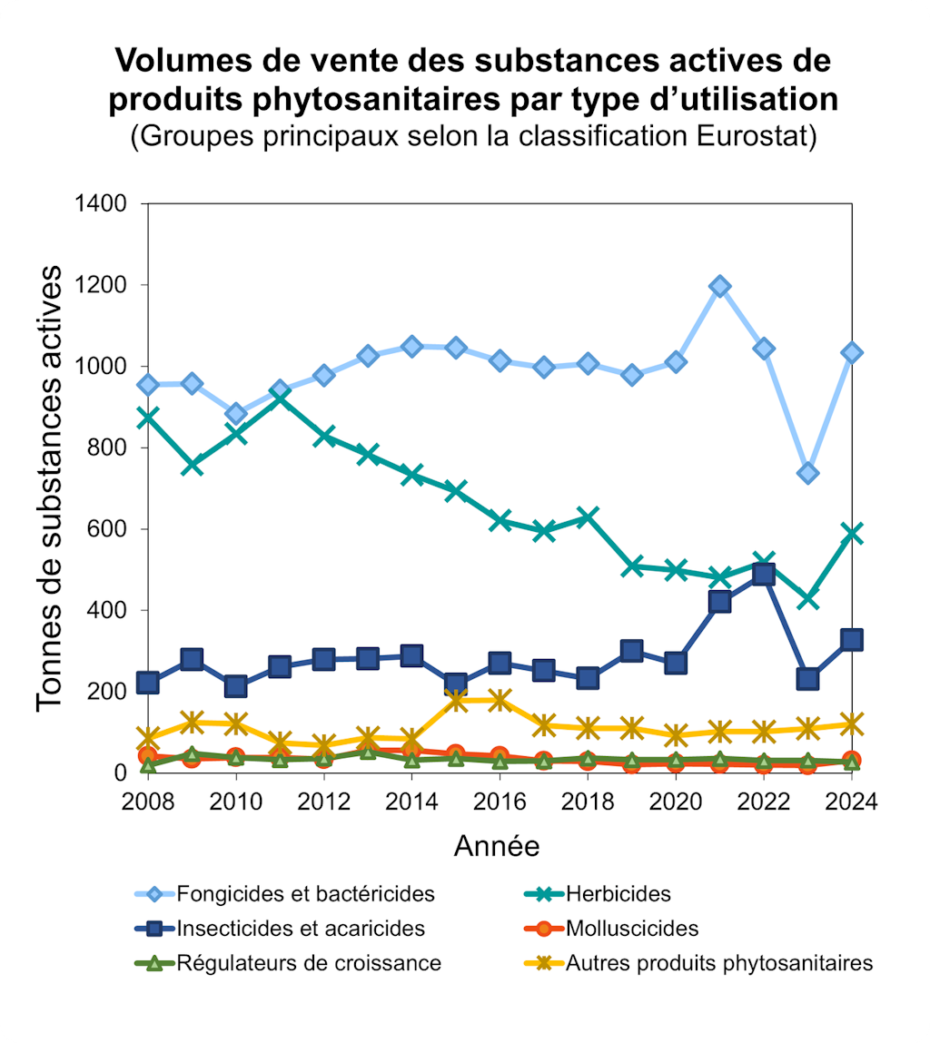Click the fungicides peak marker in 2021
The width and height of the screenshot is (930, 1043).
(x=720, y=287)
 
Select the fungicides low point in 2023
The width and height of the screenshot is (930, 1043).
(x=808, y=473)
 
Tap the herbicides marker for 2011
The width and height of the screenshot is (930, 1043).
(x=280, y=397)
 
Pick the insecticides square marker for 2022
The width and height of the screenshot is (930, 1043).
(x=764, y=574)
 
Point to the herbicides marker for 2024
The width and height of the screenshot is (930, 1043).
(x=852, y=533)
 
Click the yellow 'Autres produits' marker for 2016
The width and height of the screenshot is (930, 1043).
(x=500, y=700)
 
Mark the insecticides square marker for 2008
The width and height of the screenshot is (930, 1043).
(x=148, y=683)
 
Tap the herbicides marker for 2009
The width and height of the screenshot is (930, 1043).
(x=192, y=465)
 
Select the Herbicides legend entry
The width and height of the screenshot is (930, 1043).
(x=618, y=893)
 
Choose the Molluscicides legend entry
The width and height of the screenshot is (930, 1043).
(x=632, y=929)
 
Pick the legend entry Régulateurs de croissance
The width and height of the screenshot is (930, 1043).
(x=309, y=963)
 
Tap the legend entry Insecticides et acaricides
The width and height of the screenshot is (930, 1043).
(x=301, y=929)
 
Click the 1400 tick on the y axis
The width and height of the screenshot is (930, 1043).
(x=101, y=203)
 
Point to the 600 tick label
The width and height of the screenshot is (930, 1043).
(x=107, y=529)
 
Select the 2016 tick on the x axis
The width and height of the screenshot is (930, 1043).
(x=500, y=802)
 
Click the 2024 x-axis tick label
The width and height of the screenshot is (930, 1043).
(x=851, y=802)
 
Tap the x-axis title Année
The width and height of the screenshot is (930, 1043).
(x=497, y=846)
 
